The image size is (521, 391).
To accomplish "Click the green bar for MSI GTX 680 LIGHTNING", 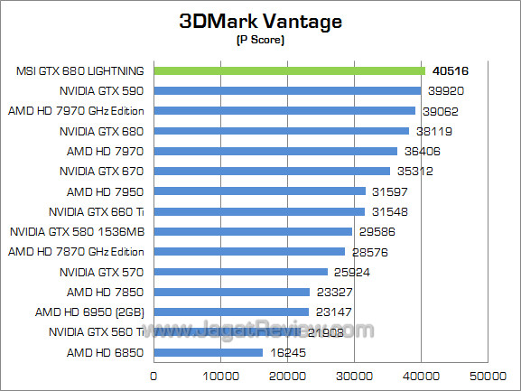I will (x=289, y=70).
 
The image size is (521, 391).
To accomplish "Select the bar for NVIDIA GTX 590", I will (x=287, y=90).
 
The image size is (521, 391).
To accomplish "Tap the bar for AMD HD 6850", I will (x=209, y=352).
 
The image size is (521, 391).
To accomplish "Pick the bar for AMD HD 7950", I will (x=260, y=191).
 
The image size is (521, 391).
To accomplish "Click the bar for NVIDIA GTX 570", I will (x=241, y=272).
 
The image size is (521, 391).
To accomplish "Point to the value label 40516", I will (x=451, y=70).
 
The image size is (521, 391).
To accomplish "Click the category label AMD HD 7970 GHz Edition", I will (x=76, y=111).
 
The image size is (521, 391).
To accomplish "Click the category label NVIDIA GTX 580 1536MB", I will (x=77, y=231).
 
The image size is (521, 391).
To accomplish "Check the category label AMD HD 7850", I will (x=105, y=292).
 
